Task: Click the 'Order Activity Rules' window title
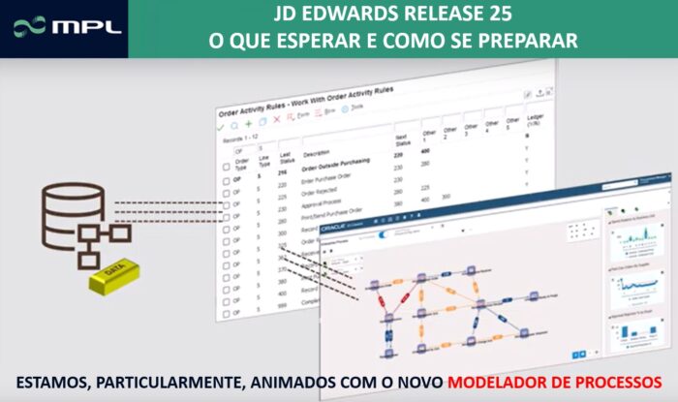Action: [x=320, y=98]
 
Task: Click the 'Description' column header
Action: [x=317, y=153]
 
